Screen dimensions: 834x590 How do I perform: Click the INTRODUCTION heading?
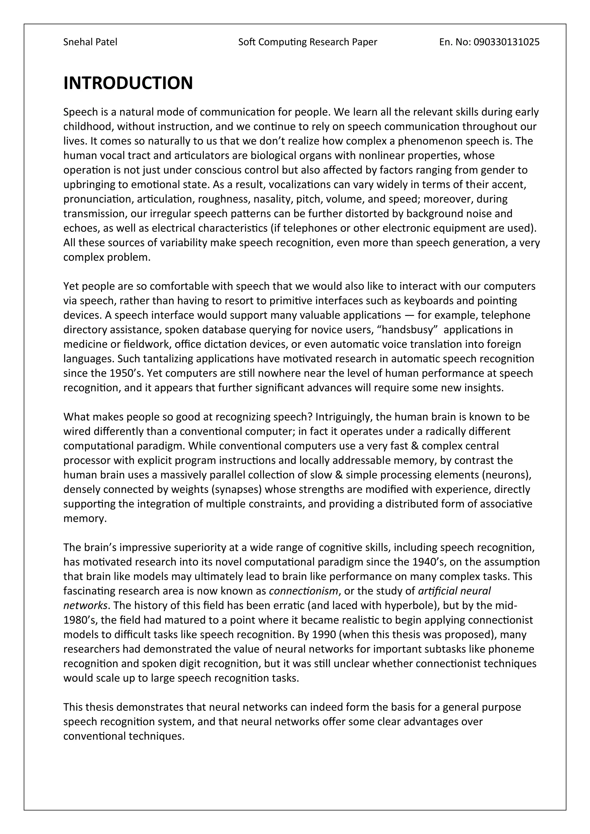click(128, 83)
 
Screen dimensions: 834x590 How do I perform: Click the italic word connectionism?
click(303, 591)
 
